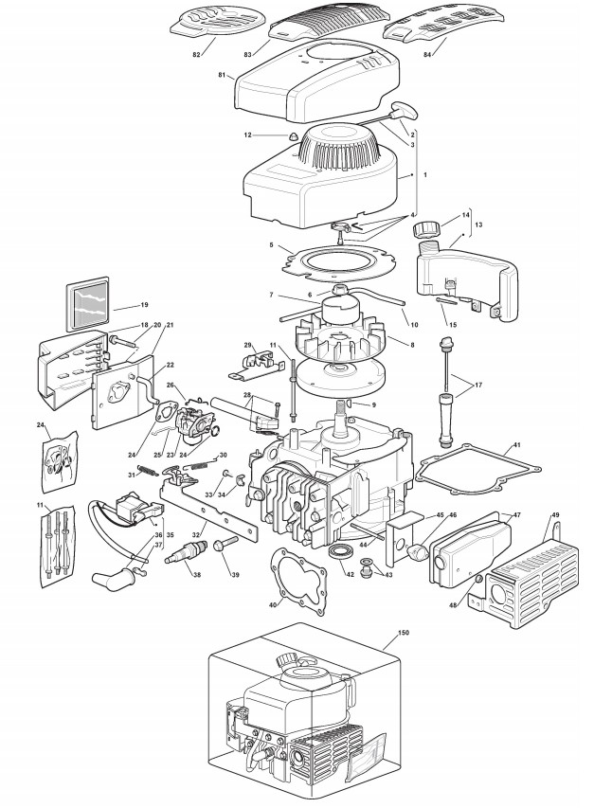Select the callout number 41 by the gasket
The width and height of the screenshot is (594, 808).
516,445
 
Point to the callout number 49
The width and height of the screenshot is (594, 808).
554,512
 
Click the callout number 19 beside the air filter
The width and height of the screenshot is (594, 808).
144,305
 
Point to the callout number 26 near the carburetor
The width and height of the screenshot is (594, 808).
170,386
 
